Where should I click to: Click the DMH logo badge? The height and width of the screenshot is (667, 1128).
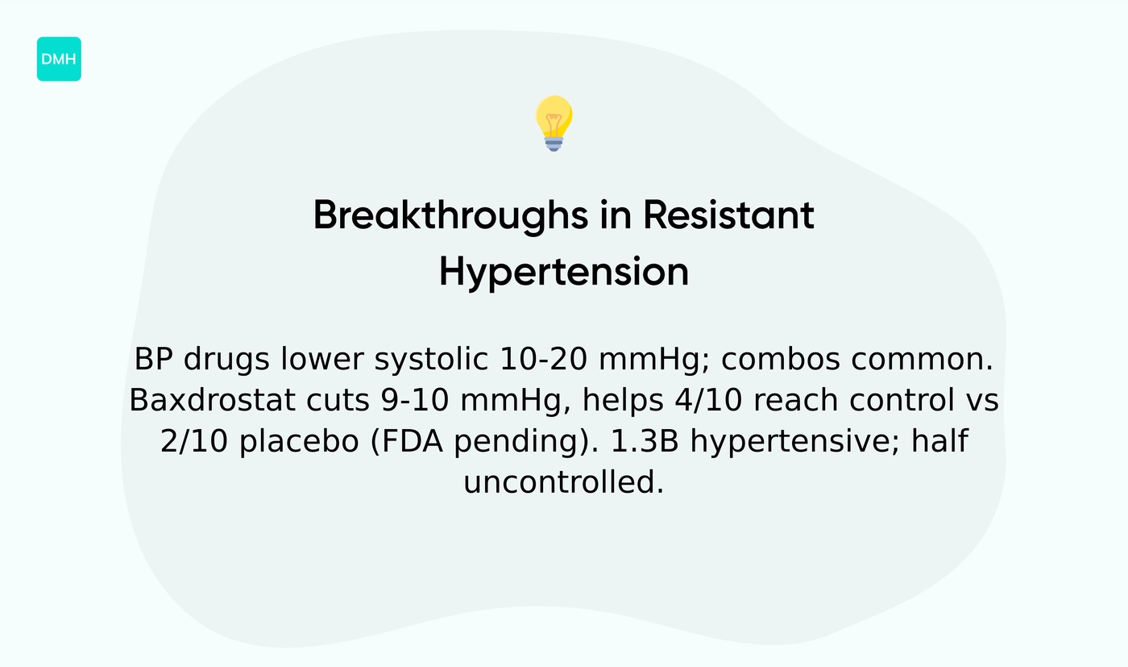coord(59,59)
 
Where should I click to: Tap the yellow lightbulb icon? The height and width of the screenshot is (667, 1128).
coord(554,119)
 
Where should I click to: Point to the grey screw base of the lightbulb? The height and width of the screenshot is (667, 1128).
coord(554,144)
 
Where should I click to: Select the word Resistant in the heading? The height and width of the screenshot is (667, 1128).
coord(728,216)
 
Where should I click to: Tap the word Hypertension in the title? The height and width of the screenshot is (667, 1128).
coord(563,273)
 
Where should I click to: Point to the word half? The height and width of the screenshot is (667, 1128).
coord(939,441)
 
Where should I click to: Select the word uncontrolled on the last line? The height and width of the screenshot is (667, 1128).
coord(563,482)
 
